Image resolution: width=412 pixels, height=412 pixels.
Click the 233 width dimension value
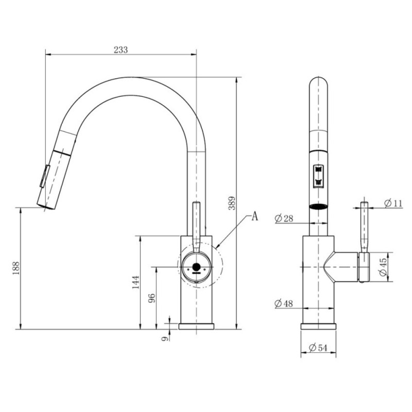tap(121, 49)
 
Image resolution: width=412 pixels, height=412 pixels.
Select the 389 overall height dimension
tap(232, 203)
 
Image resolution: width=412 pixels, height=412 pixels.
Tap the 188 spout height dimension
tap(16, 268)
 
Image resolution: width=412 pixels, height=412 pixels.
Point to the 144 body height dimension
tap(135, 282)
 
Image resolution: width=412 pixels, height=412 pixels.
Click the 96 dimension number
tap(152, 298)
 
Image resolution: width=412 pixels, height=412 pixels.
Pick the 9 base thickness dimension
tap(165, 338)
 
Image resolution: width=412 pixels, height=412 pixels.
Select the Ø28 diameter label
tap(284, 218)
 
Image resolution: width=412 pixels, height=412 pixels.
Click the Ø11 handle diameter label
tap(393, 203)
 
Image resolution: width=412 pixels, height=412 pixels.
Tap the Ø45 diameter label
tap(383, 267)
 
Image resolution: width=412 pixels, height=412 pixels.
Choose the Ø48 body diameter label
tap(284, 303)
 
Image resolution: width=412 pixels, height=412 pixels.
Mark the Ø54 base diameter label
tap(318, 348)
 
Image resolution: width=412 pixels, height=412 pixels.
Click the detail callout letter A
tap(255, 216)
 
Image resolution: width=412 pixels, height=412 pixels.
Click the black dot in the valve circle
tap(196, 267)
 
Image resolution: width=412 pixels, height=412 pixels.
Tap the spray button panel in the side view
tap(318, 177)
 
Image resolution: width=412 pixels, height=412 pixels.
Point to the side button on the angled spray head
tap(45, 176)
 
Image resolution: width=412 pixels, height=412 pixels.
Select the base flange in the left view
tap(196, 326)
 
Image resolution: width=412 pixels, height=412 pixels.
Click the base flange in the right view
tap(318, 326)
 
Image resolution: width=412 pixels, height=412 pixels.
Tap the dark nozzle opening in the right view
tap(318, 207)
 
